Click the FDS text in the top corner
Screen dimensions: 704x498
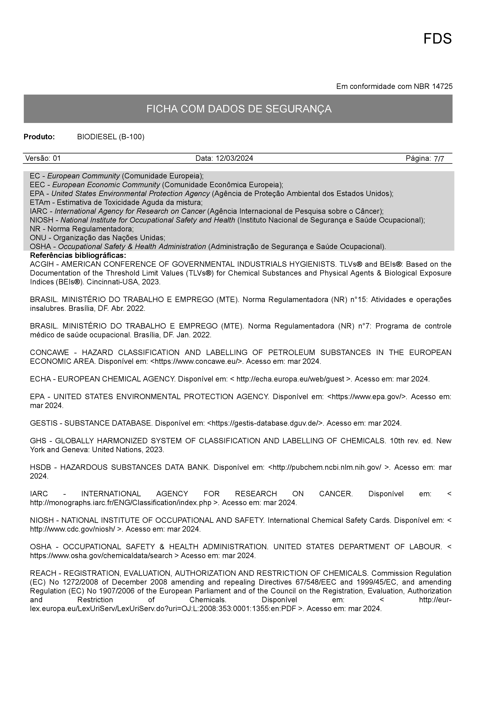tap(437, 39)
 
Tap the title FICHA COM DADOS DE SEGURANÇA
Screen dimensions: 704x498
tap(239, 109)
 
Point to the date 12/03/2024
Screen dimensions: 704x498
tap(234, 158)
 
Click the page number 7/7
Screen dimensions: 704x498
tap(439, 159)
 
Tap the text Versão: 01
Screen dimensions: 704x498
tap(43, 158)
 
